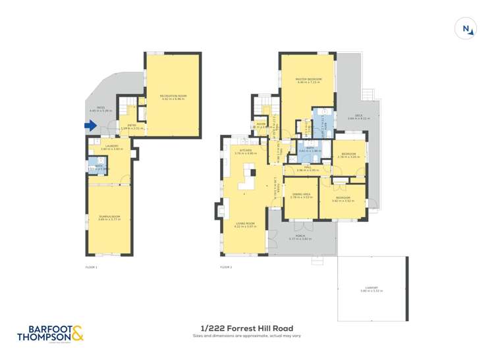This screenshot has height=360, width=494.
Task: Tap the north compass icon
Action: (466, 29)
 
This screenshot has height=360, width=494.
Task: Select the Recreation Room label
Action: (173, 97)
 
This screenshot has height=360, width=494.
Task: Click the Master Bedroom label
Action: (308, 81)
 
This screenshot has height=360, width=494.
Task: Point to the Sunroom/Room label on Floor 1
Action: (109, 217)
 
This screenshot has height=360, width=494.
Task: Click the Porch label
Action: (300, 236)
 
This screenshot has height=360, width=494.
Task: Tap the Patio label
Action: (101, 109)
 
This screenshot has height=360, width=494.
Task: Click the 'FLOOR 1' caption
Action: (92, 267)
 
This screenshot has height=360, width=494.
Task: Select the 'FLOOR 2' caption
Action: (226, 267)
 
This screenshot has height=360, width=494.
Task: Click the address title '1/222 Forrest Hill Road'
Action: (246, 328)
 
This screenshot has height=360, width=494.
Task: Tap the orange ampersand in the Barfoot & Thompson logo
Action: (77, 334)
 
